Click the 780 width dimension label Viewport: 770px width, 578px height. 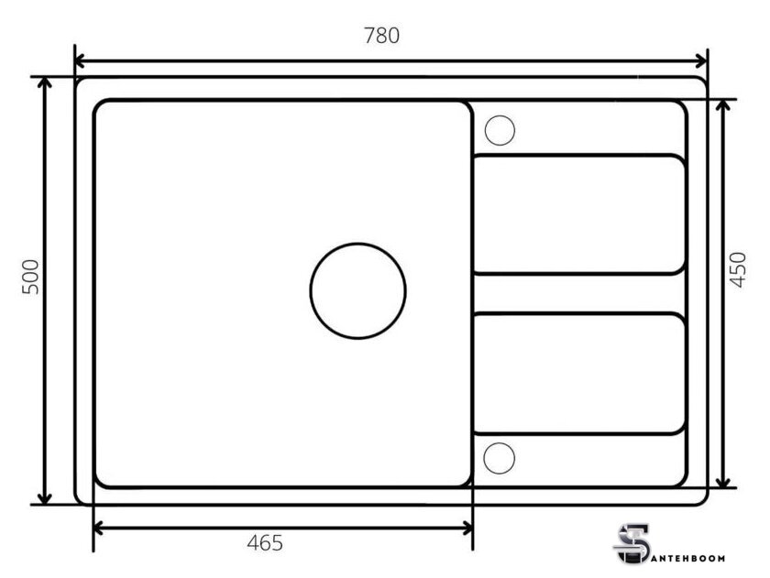pyautogui.click(x=381, y=36)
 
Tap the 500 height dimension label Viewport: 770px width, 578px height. pyautogui.click(x=30, y=277)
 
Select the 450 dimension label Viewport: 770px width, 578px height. pyautogui.click(x=738, y=269)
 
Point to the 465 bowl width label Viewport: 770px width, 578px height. pyautogui.click(x=265, y=542)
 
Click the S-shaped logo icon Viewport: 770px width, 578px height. pyautogui.click(x=632, y=544)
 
